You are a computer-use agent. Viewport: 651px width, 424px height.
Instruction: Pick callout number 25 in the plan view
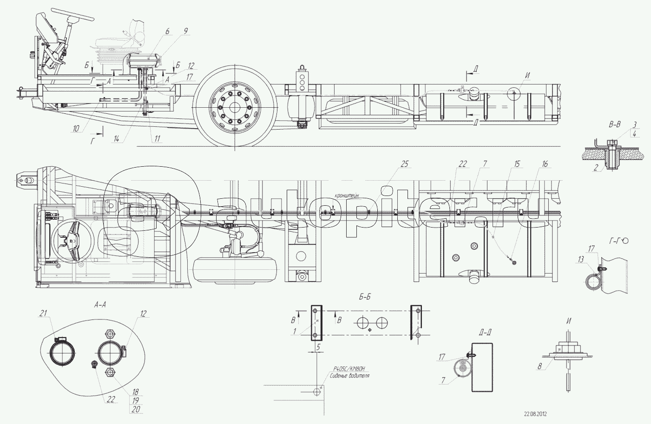click(x=404, y=164)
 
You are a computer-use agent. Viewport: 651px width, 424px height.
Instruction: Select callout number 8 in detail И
click(x=540, y=366)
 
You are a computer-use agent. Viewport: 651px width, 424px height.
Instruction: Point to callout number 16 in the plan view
click(x=545, y=164)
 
